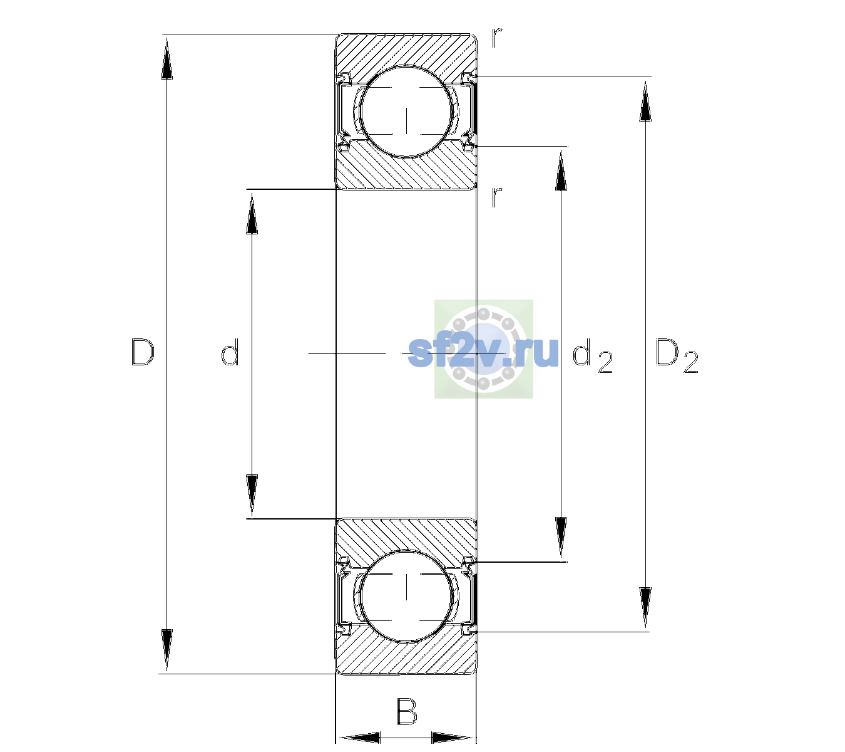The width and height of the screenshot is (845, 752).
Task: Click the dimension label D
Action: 143,352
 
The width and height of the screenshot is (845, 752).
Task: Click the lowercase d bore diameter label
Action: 230,352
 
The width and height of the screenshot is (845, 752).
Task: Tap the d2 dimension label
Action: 592,356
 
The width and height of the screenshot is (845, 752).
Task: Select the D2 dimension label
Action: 677,355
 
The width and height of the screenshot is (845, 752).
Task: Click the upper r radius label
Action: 497,38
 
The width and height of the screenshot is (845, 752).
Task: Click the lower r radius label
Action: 497,197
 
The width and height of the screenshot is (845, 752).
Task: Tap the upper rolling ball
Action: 406,112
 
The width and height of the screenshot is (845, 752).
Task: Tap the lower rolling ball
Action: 406,596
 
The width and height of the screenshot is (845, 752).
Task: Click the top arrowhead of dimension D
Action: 167,58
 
